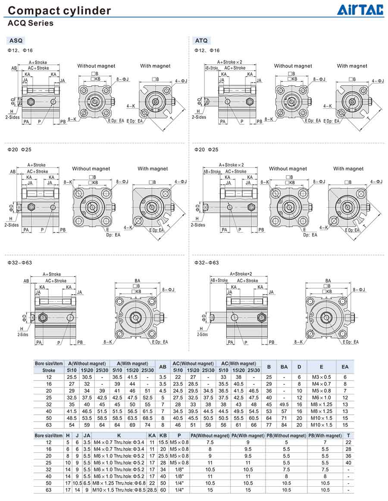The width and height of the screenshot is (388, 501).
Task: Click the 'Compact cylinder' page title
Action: click(59, 10)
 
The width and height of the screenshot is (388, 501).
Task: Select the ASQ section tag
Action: click(16, 41)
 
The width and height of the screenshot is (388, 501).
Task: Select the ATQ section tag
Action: click(201, 41)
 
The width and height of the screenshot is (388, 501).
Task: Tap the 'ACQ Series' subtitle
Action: click(31, 23)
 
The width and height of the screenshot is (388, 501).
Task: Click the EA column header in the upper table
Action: click(345, 367)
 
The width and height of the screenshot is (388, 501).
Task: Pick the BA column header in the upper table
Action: click(284, 367)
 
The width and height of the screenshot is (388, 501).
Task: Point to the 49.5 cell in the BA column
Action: click(284, 404)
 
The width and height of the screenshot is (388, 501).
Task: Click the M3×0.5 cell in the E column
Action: click(321, 377)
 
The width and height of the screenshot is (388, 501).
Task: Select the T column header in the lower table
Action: click(348, 435)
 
